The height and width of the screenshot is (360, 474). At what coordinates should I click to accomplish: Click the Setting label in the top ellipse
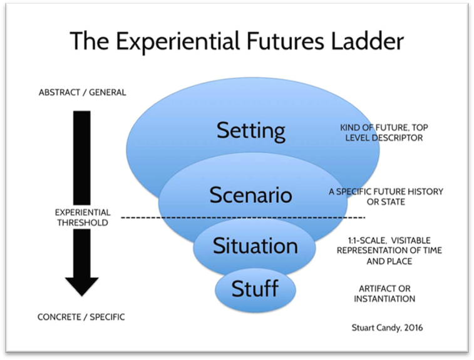250,131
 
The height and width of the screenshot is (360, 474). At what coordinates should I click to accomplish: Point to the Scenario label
250,194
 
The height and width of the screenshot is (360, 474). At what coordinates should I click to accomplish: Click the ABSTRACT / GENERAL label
82,92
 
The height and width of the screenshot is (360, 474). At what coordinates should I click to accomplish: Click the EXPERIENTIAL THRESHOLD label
82,217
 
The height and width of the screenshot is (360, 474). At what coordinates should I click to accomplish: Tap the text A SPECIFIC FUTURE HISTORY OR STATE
386,196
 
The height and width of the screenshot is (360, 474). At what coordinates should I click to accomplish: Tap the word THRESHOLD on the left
82,222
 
